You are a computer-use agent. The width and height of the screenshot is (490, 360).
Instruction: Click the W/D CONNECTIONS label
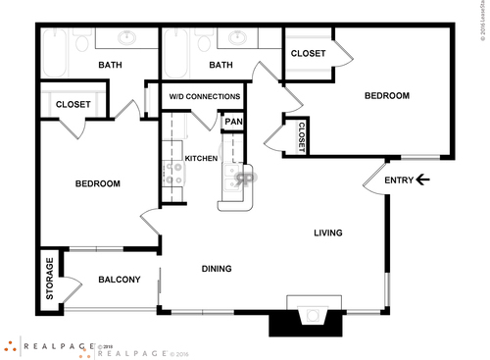point(205,97)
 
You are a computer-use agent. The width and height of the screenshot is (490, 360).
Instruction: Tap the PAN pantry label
point(233,123)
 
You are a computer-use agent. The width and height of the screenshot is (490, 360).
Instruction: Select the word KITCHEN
point(201,158)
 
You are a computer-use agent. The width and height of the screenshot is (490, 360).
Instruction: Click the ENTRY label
point(398,180)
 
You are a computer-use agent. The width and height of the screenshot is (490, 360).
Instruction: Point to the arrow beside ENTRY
point(422,180)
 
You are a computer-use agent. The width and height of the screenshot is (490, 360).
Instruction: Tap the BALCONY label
point(120,280)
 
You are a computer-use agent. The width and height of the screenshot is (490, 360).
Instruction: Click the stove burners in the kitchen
point(174,176)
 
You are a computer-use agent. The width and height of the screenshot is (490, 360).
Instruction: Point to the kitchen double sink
point(236,178)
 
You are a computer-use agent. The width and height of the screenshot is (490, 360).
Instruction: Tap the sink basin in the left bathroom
point(127,38)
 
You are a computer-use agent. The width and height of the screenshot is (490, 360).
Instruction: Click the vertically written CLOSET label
point(301,135)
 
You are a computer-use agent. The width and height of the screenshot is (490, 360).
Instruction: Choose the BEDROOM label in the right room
point(386,96)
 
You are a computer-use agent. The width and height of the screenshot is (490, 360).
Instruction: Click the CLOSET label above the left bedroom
point(73,104)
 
